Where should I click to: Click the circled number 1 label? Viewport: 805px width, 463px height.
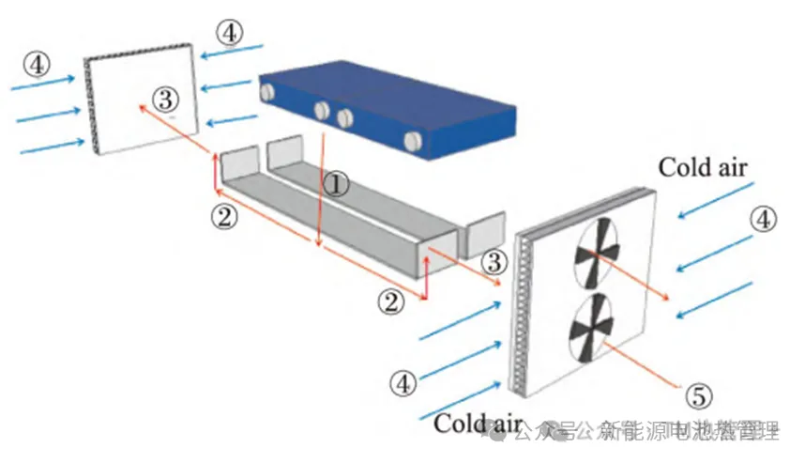335,182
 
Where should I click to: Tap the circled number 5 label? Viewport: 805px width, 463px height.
695,396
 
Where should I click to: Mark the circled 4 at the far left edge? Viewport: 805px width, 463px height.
36,65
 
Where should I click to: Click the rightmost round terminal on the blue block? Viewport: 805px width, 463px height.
414,142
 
